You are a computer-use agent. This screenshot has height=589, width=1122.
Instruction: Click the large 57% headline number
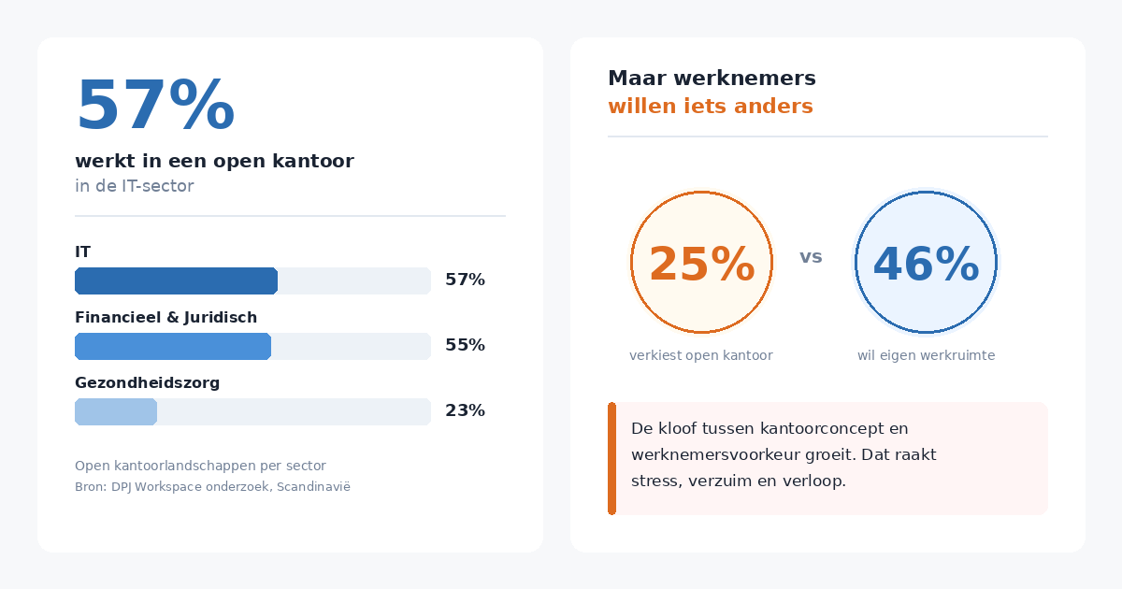click(155, 107)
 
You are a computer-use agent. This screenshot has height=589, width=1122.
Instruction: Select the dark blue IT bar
click(176, 280)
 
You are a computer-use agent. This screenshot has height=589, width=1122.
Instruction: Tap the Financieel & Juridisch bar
click(173, 346)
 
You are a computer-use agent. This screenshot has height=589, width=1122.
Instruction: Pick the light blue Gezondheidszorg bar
click(116, 411)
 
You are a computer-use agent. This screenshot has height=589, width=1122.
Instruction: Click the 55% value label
click(465, 345)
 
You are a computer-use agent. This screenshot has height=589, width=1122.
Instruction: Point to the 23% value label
click(465, 410)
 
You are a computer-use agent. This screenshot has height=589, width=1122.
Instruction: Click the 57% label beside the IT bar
click(465, 280)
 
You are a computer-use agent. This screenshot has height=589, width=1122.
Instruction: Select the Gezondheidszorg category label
click(147, 383)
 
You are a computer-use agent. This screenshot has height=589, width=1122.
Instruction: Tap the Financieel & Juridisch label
click(165, 318)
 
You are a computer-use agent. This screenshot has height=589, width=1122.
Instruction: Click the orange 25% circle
click(701, 263)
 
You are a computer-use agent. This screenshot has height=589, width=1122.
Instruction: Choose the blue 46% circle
click(926, 263)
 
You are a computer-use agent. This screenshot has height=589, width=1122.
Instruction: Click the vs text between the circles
click(811, 257)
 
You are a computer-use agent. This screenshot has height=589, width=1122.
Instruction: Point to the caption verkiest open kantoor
click(701, 355)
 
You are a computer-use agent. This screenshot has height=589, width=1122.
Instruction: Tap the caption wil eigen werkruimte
click(926, 355)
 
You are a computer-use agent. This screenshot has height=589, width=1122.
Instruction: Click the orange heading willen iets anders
click(711, 107)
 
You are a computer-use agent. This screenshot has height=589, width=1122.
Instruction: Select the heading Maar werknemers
click(712, 79)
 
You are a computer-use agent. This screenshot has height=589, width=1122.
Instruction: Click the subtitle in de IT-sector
click(135, 186)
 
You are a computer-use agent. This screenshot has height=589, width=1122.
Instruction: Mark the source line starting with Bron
click(212, 486)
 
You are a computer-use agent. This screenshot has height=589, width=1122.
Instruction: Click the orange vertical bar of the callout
click(611, 458)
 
